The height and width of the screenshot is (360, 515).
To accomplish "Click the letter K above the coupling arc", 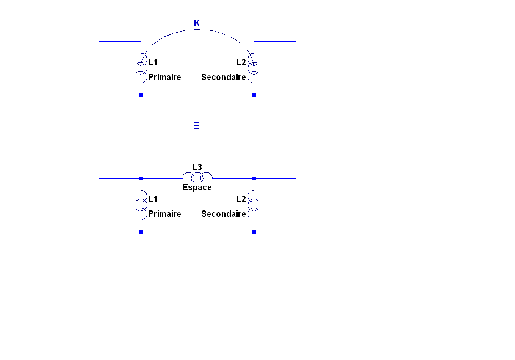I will (197, 23).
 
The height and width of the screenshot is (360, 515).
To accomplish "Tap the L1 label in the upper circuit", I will (153, 62).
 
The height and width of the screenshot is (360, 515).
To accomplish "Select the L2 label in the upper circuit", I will (241, 62).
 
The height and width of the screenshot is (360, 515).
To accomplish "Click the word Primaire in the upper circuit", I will (164, 77).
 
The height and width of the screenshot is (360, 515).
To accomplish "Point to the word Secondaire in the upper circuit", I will (223, 77).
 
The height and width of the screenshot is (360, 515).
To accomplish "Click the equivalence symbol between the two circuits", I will (196, 125).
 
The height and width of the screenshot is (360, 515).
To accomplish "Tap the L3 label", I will (197, 167).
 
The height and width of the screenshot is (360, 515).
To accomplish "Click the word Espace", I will (197, 187).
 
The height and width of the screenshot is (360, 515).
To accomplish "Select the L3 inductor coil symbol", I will (197, 176).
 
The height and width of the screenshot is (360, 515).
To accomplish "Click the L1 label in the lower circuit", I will (153, 199).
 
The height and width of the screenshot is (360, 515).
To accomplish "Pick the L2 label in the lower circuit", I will (241, 199).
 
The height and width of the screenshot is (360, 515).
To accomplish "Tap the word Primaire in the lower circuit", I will (164, 214).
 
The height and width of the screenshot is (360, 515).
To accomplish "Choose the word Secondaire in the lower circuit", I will (223, 214).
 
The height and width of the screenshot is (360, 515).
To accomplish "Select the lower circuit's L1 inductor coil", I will (141, 205).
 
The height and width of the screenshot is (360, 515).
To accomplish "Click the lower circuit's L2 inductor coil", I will (253, 205).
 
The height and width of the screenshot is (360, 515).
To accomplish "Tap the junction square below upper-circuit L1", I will (141, 95).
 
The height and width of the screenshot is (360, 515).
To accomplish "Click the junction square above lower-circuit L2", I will (254, 178).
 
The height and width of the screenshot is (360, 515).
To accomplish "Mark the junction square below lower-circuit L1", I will (141, 232).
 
